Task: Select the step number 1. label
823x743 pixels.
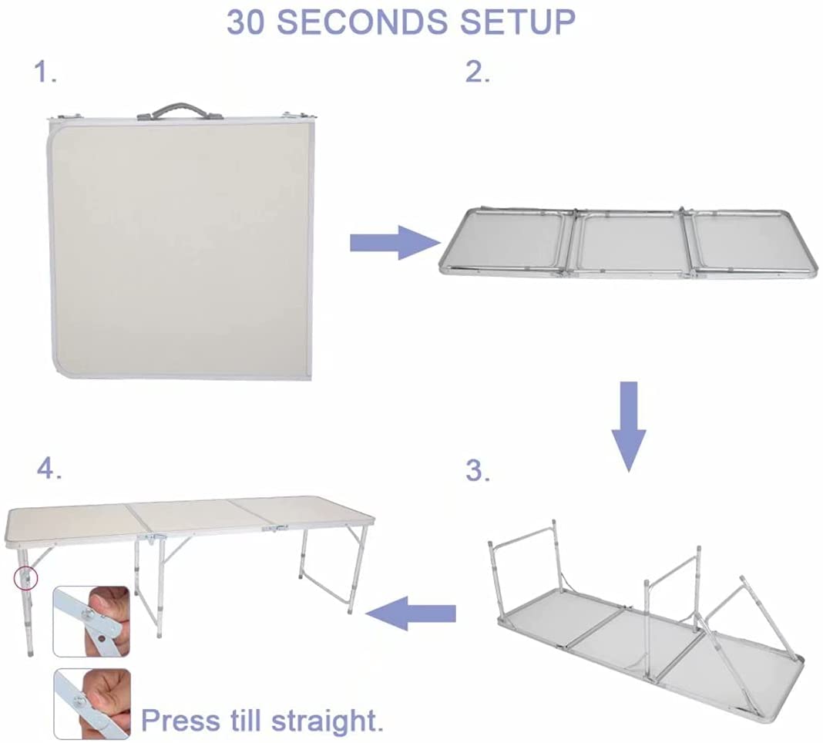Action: coord(45,73)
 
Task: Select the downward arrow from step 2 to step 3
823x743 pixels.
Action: coord(630,424)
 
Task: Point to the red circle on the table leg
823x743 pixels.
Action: coord(26,575)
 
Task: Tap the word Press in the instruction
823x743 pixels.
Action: coord(180,721)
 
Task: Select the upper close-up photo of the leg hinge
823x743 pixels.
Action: coord(91,621)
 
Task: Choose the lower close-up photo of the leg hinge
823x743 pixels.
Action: coord(91,701)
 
